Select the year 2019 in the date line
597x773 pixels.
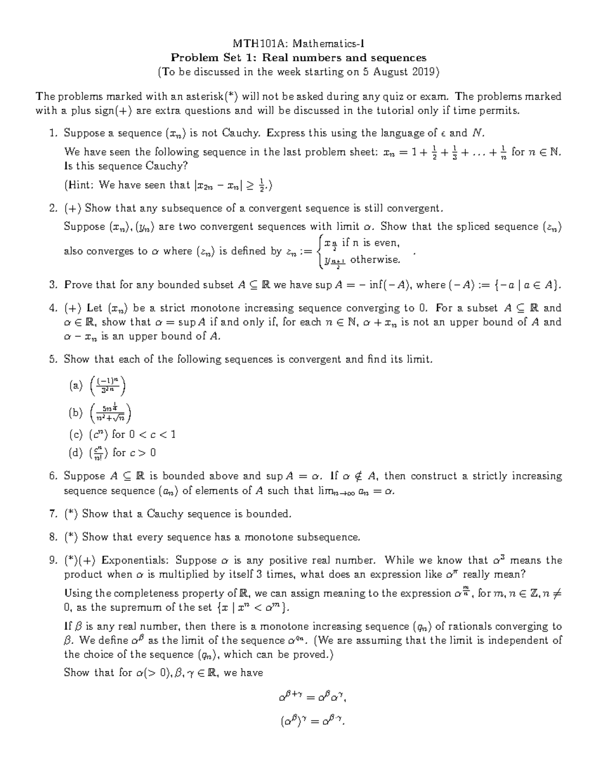[423, 72]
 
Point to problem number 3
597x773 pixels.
[53, 285]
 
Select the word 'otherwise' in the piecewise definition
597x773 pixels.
[375, 259]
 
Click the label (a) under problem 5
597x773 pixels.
[77, 385]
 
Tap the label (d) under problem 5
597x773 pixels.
[77, 452]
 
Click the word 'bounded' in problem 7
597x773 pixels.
[271, 514]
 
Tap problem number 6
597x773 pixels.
[53, 476]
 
